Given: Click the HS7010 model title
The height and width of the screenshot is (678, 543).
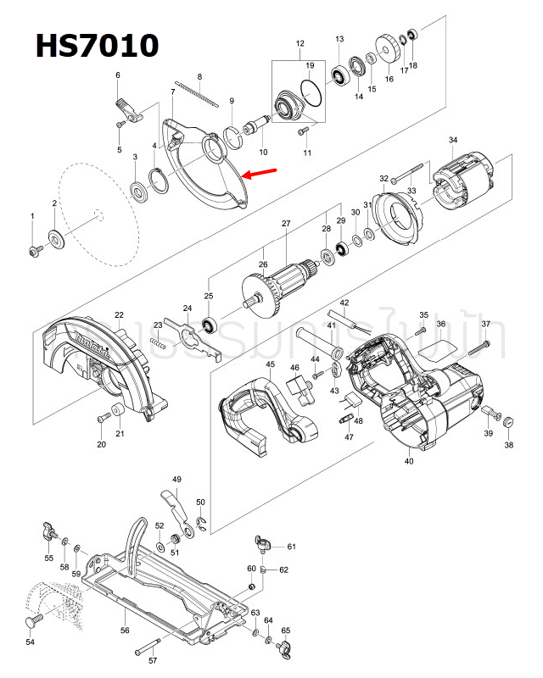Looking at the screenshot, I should [97, 45].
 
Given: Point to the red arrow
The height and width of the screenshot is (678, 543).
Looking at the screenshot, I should [260, 174].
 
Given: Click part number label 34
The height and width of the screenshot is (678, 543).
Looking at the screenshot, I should [453, 140].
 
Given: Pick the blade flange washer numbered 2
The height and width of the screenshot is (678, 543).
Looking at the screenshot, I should [56, 237].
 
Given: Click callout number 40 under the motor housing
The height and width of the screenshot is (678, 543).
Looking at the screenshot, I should [409, 462].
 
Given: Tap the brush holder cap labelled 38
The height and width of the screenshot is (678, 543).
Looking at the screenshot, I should [508, 423].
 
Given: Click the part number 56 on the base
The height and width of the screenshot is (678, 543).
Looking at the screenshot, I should [125, 631].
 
